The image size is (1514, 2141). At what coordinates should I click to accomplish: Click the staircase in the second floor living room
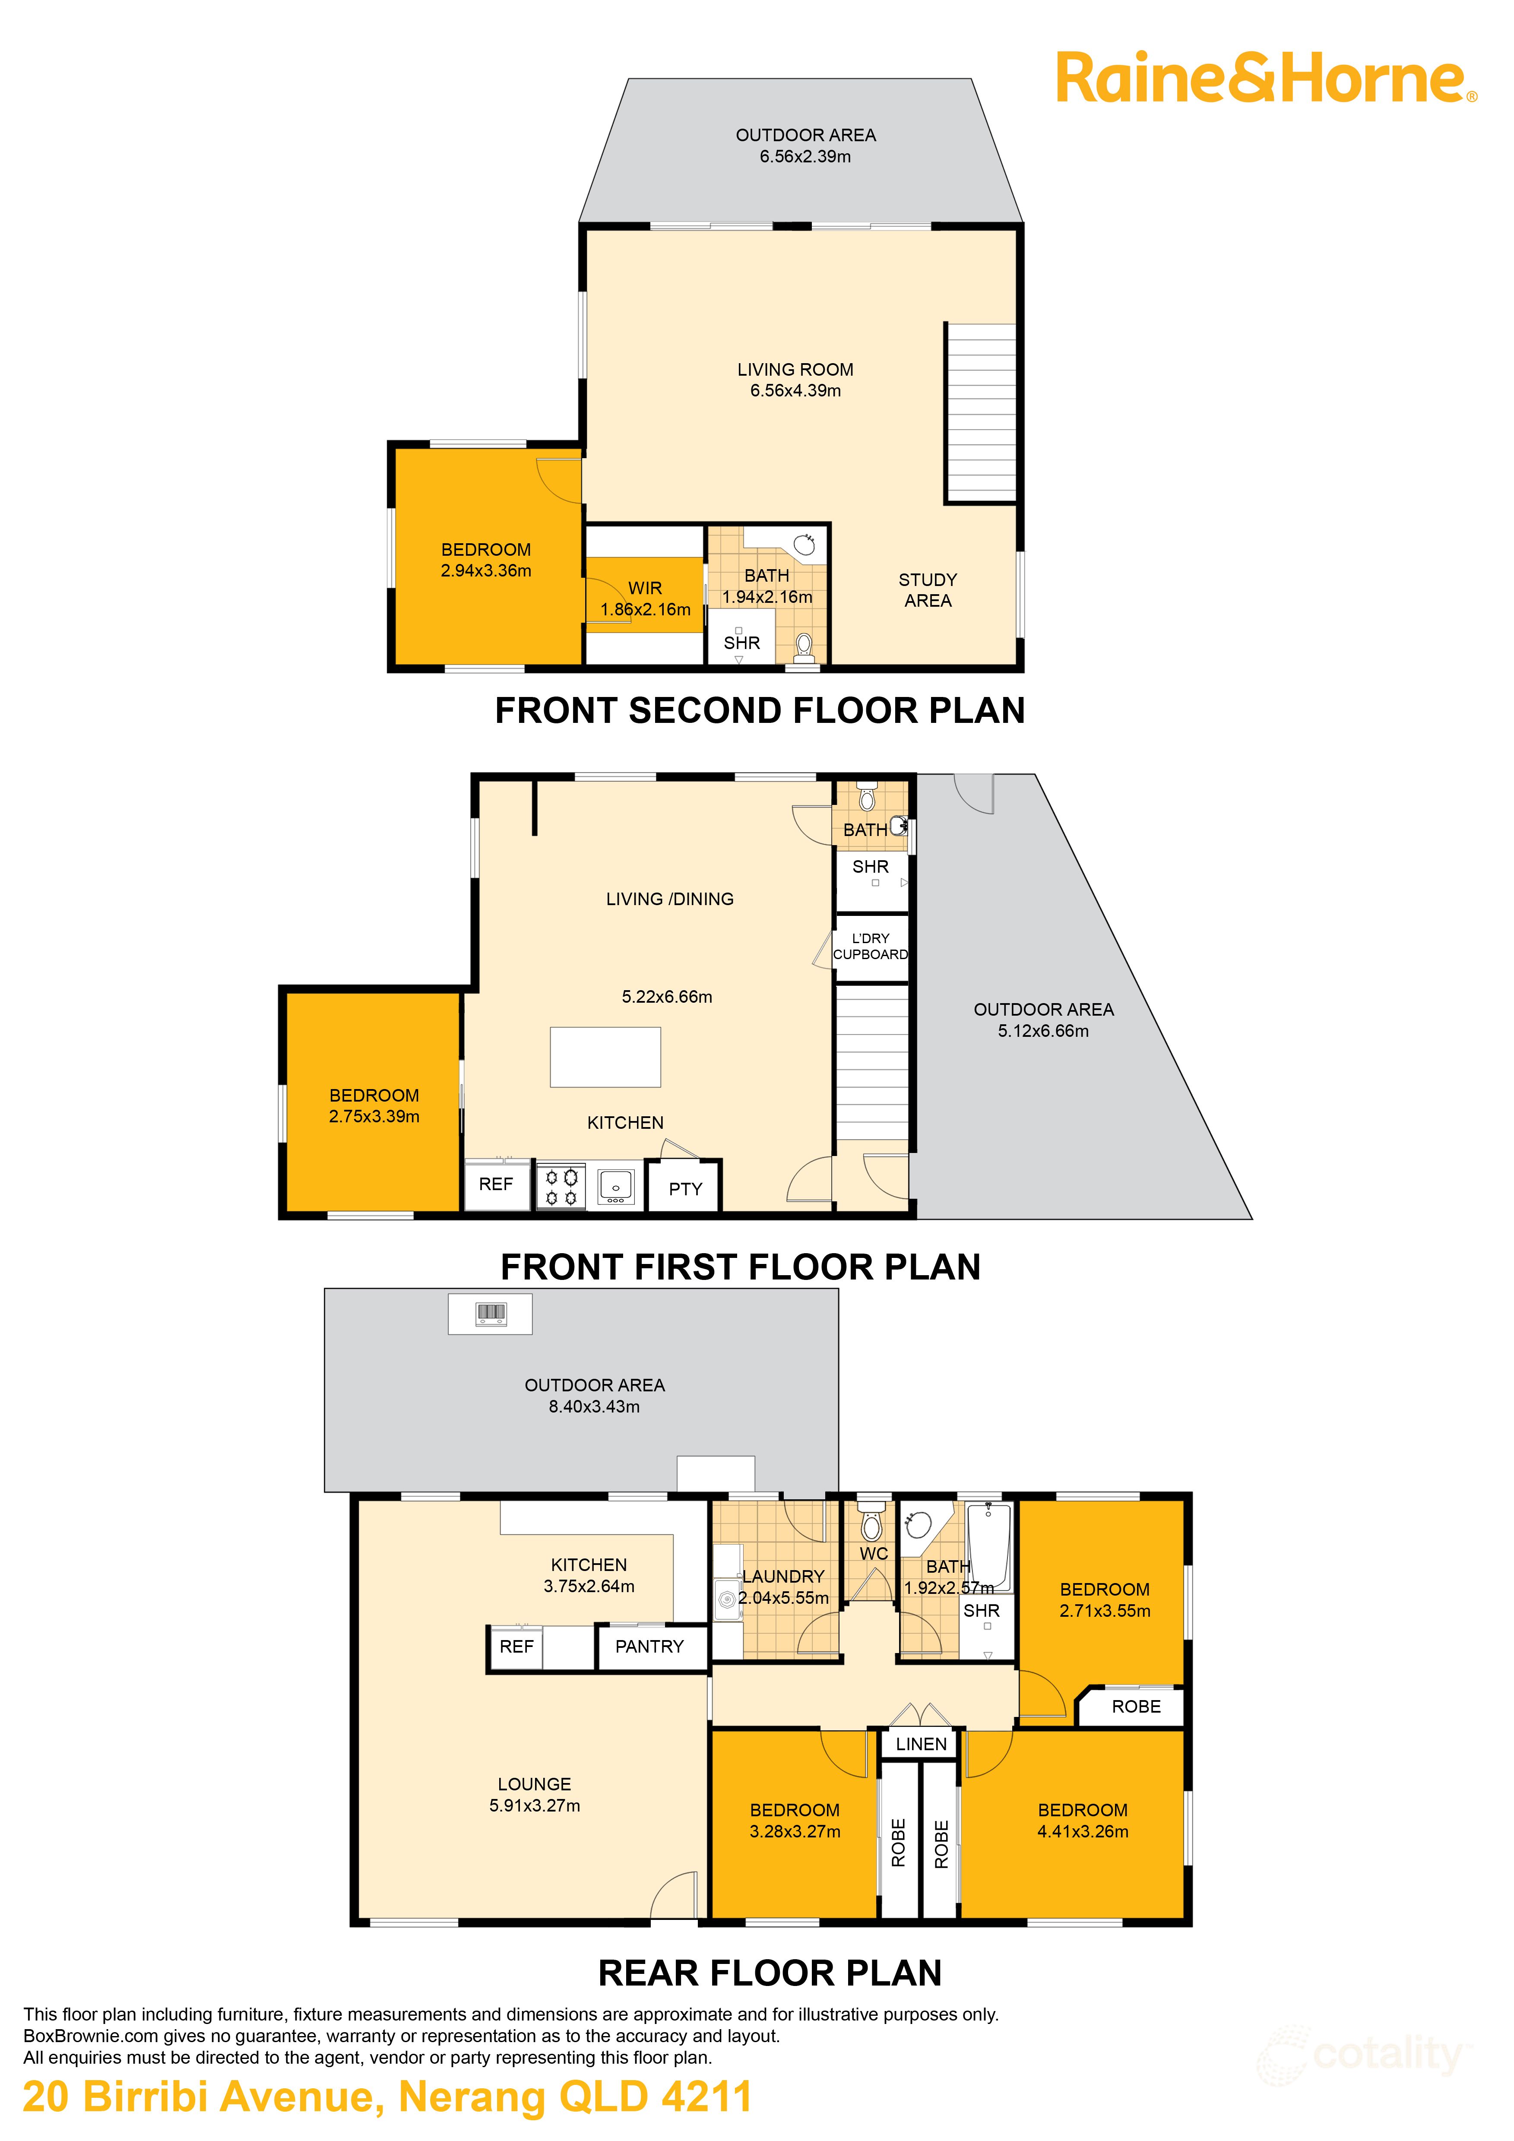click(x=981, y=413)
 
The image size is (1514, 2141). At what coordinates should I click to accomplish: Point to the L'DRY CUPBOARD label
click(x=871, y=947)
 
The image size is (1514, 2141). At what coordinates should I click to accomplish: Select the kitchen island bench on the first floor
click(x=605, y=1058)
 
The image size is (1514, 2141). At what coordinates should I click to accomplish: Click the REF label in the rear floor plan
click(x=516, y=1647)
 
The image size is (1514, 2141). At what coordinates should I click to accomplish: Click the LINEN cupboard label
click(x=921, y=1744)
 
